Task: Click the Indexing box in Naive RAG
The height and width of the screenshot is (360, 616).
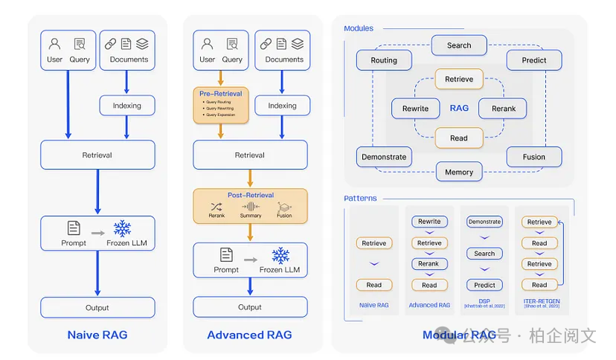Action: click(127, 106)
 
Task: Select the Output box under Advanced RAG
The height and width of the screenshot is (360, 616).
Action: click(250, 307)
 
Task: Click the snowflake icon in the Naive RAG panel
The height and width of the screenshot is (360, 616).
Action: click(122, 229)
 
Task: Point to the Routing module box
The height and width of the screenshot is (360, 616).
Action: click(384, 60)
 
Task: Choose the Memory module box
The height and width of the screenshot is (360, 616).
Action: click(459, 172)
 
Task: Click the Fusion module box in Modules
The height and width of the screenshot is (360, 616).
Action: click(533, 157)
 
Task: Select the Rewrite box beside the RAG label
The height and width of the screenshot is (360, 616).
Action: click(415, 108)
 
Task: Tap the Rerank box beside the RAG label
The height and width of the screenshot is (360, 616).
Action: click(504, 108)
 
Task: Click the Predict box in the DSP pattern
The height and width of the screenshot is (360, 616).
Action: click(484, 285)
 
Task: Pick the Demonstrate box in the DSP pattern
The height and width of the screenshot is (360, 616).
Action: click(484, 222)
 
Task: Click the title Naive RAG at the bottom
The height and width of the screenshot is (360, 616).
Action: click(97, 335)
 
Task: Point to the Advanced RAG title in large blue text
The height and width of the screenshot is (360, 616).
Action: click(249, 335)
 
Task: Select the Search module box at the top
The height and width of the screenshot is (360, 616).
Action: click(459, 45)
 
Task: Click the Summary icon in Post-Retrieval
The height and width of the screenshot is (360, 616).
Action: click(251, 207)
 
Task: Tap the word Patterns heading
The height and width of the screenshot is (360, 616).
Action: click(360, 199)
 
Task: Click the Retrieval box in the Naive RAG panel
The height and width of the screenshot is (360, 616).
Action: click(97, 155)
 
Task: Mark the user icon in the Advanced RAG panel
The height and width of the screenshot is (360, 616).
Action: click(207, 44)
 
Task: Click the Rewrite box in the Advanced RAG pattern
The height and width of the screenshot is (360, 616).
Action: click(429, 222)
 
